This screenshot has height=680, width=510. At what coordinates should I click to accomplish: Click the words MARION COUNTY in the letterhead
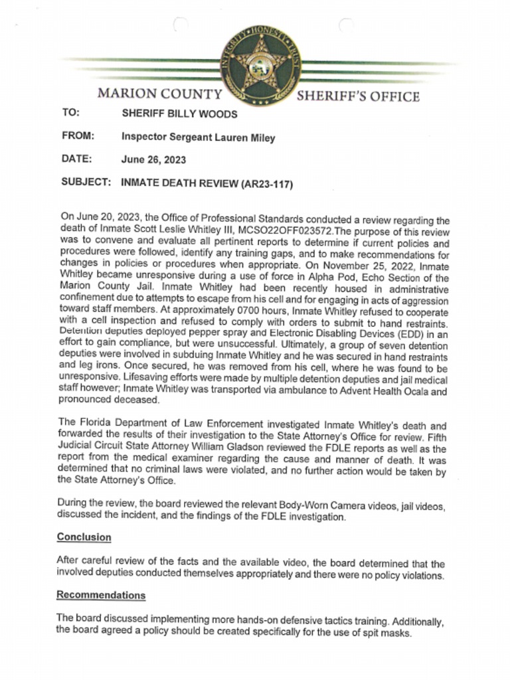(x=159, y=94)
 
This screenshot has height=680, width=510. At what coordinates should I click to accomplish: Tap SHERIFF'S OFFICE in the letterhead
(x=358, y=96)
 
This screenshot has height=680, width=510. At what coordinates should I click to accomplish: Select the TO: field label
(x=70, y=113)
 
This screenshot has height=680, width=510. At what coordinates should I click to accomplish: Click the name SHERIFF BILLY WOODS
(x=179, y=114)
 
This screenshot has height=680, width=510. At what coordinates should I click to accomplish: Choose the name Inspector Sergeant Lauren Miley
(x=198, y=137)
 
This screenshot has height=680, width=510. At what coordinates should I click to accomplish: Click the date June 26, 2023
(x=153, y=159)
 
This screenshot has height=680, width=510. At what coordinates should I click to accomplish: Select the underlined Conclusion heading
(x=84, y=537)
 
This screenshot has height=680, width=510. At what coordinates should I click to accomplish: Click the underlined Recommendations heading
(x=101, y=594)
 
